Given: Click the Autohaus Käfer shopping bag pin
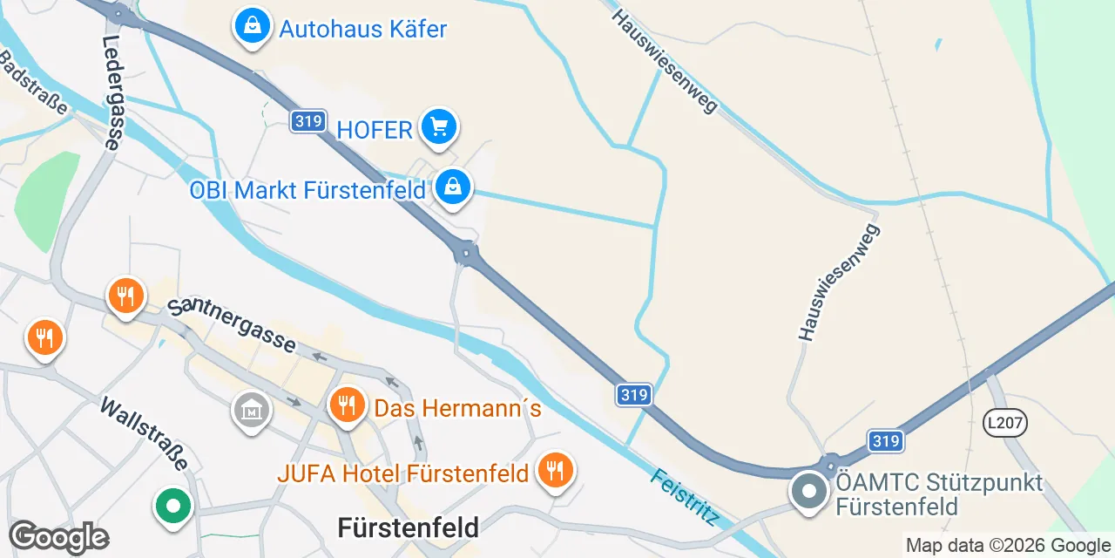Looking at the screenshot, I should [252, 27].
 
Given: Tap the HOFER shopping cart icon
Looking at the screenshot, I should [438, 128].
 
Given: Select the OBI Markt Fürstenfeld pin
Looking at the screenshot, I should [453, 187].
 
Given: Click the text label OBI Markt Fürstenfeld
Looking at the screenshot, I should [307, 189].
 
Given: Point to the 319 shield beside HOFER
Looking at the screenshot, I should [308, 121].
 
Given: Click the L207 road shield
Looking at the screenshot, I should [1005, 424].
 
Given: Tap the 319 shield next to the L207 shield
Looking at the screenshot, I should [886, 440].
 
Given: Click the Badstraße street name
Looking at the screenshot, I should [35, 83].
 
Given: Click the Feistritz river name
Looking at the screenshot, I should [685, 497].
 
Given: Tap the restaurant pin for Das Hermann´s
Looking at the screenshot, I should [347, 405].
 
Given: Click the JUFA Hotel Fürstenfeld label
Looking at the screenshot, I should [403, 473].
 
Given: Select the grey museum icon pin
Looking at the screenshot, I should [251, 409].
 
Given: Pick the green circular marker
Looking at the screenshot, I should [173, 506].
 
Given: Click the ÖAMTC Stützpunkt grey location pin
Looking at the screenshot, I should [809, 491].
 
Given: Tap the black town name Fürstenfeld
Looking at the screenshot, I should [408, 527].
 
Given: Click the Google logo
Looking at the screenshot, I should [58, 537].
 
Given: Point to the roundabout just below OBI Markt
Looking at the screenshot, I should [467, 254].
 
